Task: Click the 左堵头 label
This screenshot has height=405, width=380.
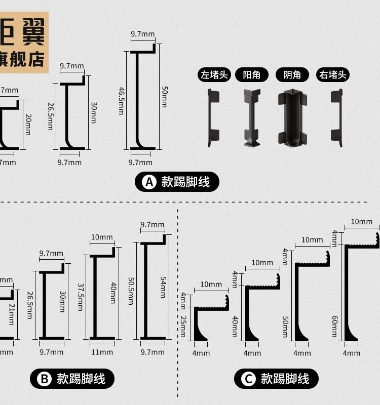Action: (x=215, y=75)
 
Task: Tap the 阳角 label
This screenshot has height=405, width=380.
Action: (x=251, y=75)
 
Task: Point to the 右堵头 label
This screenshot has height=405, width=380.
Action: (x=333, y=75)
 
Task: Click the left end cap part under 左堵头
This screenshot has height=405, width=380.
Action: (x=213, y=117)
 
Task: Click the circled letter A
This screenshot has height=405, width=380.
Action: (x=149, y=182)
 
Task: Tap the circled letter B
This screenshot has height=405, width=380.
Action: (x=44, y=379)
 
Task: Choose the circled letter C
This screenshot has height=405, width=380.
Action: (x=248, y=379)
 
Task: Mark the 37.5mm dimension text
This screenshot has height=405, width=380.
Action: (x=80, y=297)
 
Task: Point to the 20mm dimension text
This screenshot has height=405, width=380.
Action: (x=28, y=124)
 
